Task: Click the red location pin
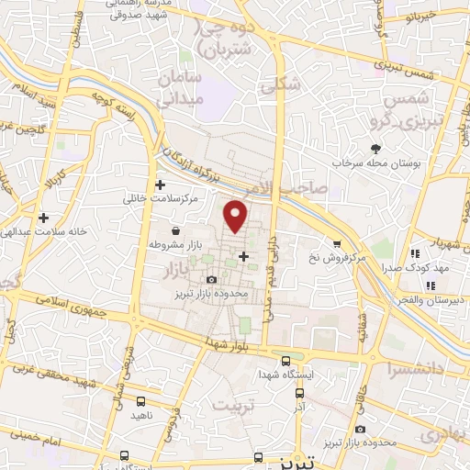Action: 237,216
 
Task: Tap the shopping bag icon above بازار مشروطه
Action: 175,231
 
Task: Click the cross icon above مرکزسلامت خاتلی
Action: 160,184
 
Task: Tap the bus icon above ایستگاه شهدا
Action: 286,361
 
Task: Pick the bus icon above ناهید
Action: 140,401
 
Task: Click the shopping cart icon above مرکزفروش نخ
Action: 337,244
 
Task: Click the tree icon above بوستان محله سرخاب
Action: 375,149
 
